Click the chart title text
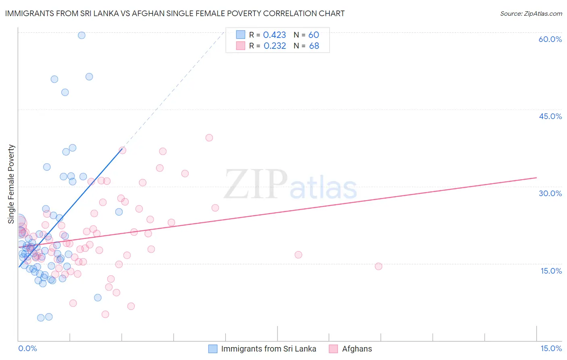tap(175, 13)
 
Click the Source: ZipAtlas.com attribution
tap(531, 13)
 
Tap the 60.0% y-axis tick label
tap(550, 39)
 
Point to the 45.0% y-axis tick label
tap(550, 116)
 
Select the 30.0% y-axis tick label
tap(550, 193)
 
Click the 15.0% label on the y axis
tap(551, 270)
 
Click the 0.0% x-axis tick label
tap(27, 348)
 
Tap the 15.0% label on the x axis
tap(551, 348)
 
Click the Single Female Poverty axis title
tap(11, 184)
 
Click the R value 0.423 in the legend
tap(274, 35)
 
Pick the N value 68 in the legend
tap(314, 46)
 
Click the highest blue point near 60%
tap(81, 35)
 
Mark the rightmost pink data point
tap(378, 266)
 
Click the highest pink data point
tap(209, 138)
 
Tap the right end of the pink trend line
tap(536, 178)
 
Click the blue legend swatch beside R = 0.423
tap(240, 35)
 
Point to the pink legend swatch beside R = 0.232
tap(240, 46)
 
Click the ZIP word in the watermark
tap(255, 184)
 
